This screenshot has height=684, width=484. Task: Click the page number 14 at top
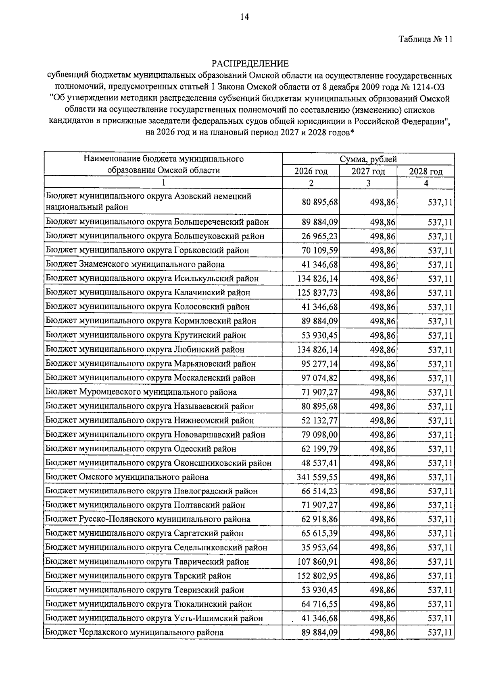click(x=244, y=17)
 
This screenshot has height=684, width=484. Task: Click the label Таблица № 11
click(x=426, y=39)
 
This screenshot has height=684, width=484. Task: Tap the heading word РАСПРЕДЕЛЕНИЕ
click(x=250, y=64)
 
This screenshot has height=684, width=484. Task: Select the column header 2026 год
click(x=311, y=171)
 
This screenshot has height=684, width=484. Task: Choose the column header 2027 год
click(x=368, y=171)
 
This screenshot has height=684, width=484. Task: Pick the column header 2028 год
click(x=426, y=171)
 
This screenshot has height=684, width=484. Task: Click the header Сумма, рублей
click(x=368, y=159)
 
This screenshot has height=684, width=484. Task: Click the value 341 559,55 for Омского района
click(x=317, y=477)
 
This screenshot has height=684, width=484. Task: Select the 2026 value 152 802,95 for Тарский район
click(x=317, y=576)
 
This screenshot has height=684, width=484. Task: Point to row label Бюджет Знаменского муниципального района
click(x=135, y=265)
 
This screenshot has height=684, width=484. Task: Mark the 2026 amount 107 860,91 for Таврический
click(x=317, y=562)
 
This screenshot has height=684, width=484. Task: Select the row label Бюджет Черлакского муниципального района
click(x=134, y=632)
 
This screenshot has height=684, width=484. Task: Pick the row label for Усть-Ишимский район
click(x=154, y=618)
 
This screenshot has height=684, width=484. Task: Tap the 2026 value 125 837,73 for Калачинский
click(x=317, y=293)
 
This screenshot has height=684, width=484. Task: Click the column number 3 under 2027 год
click(x=368, y=183)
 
